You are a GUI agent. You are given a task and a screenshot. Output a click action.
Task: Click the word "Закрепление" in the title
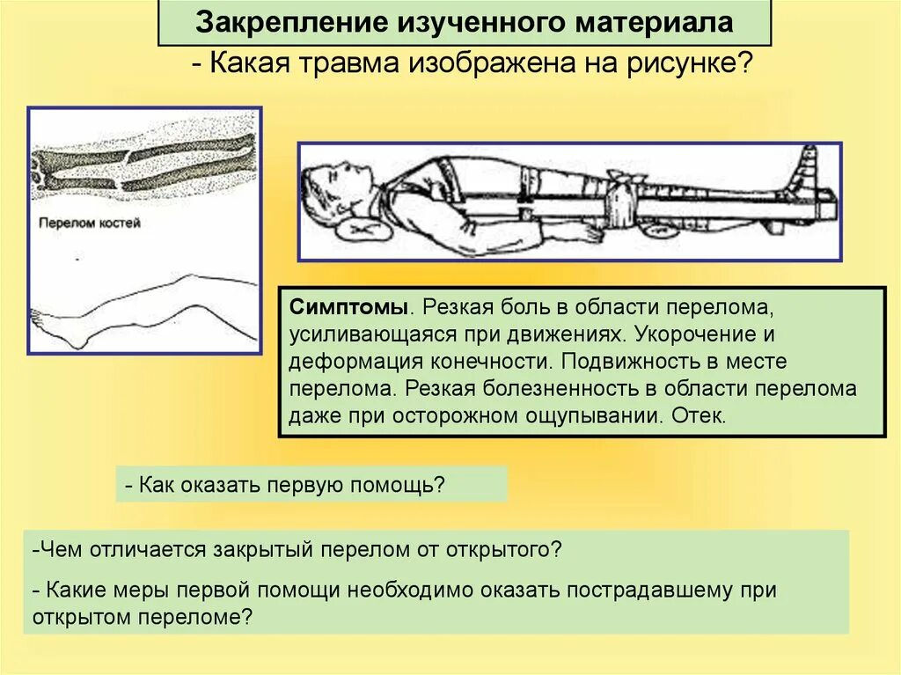[x=263, y=23]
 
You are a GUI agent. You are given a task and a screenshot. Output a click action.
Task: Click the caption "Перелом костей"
[x=90, y=224]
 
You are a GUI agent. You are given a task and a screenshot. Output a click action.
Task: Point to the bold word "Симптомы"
[x=349, y=309]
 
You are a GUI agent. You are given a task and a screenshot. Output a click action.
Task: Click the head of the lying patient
[x=329, y=187]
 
